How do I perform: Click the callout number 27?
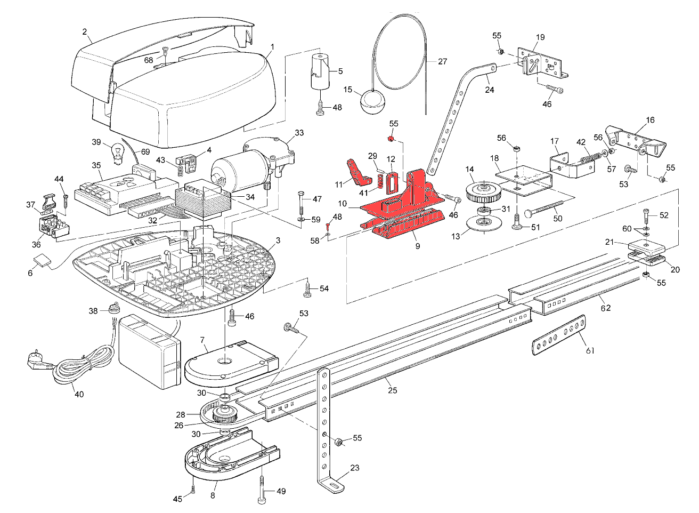click(x=443, y=61)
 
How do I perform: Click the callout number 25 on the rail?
click(x=392, y=391)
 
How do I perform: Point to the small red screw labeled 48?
click(x=329, y=227)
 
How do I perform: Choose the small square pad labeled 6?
click(x=42, y=261)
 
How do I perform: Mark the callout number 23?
click(x=355, y=468)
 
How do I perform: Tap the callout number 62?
click(x=606, y=308)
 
